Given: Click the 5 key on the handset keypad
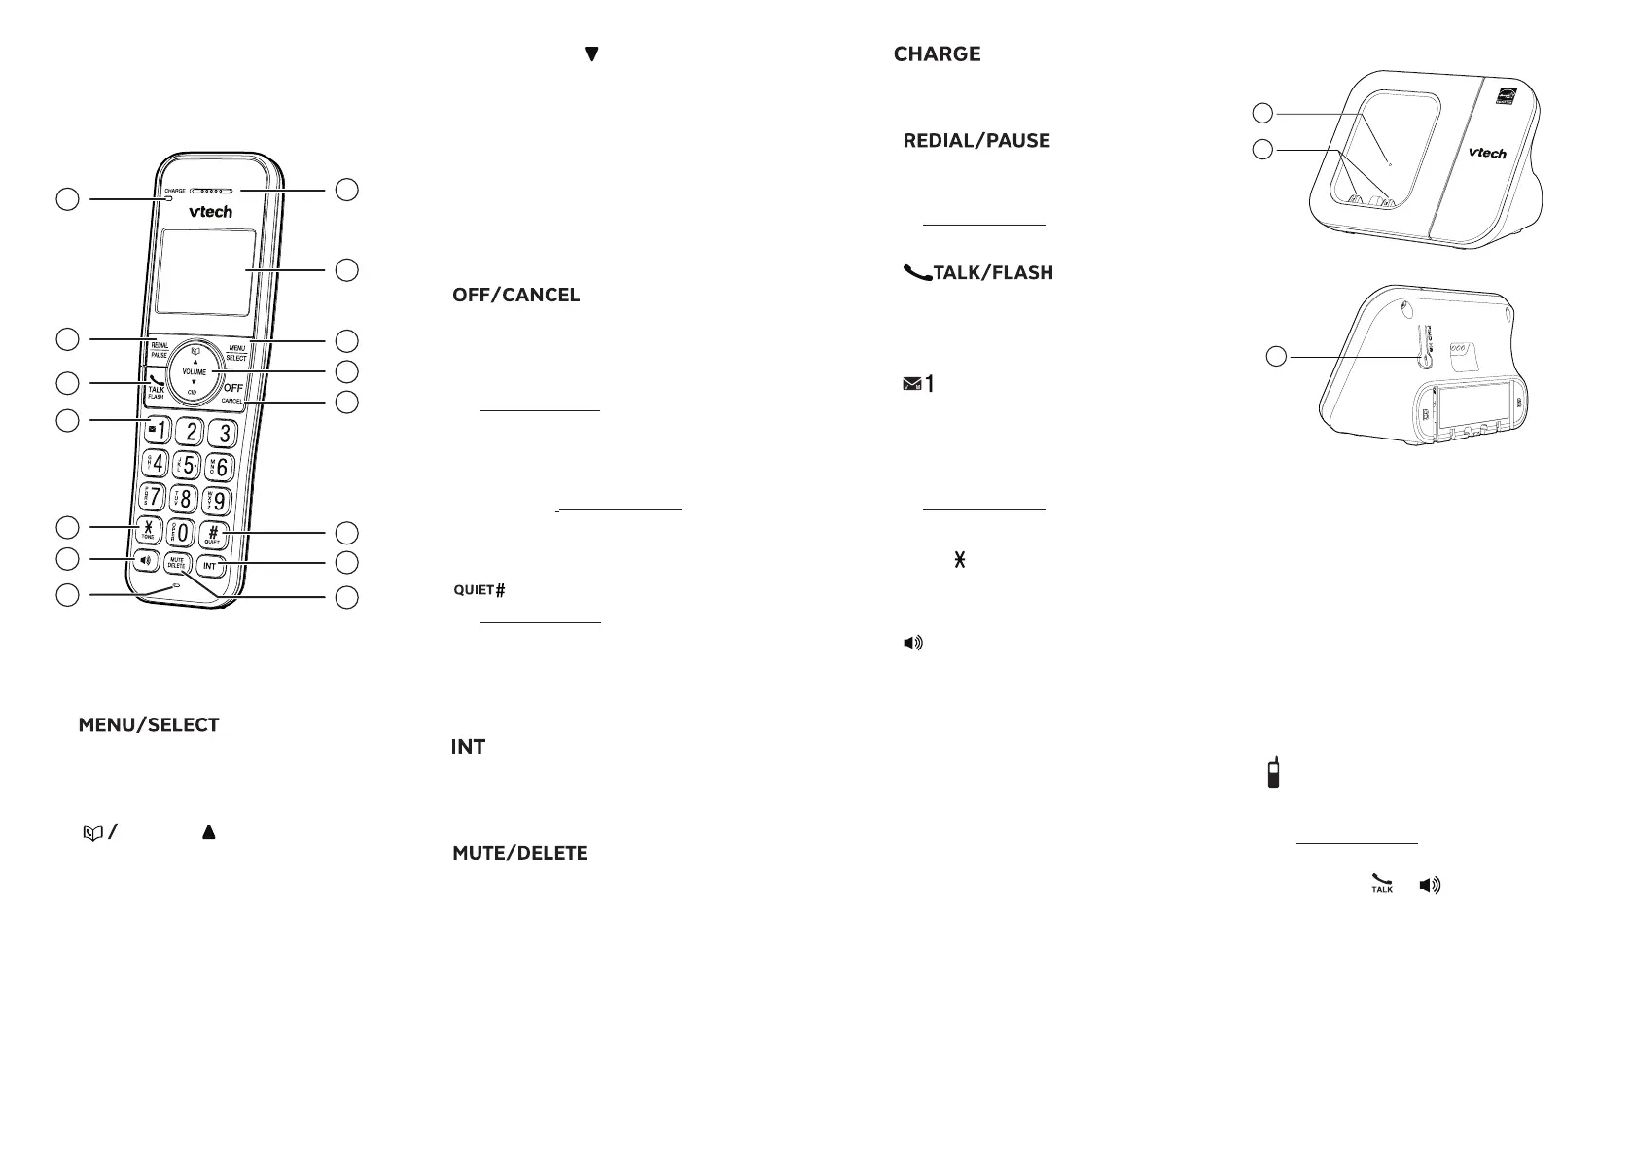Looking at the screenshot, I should [189, 464].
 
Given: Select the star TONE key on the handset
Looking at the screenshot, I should [148, 530].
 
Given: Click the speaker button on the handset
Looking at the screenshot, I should [146, 561].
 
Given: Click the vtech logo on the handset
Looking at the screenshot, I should [210, 212].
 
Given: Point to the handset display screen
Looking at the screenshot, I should [207, 272].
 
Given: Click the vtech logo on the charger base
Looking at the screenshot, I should [1486, 153].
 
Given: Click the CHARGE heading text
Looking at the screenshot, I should [937, 54].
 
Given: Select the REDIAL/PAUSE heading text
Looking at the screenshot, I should [976, 141].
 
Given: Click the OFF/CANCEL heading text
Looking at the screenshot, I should [515, 296].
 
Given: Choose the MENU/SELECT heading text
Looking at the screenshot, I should [149, 725].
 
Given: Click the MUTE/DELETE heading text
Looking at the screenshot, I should [519, 854].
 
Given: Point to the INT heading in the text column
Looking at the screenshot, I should [468, 747].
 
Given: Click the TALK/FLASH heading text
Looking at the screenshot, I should [979, 273].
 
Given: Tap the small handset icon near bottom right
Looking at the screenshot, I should [1272, 773].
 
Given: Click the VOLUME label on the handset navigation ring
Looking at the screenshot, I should [195, 372].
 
